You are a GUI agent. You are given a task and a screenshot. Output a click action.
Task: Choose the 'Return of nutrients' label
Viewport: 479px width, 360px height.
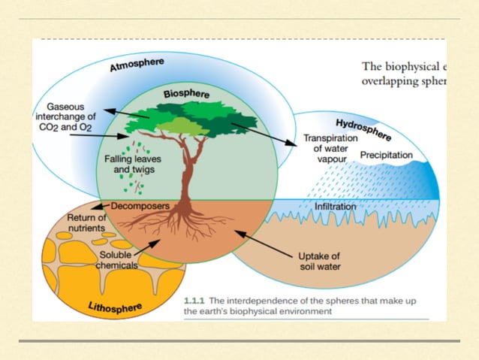pos(86,224)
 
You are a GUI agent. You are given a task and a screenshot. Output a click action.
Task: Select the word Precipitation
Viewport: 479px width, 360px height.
pos(387,155)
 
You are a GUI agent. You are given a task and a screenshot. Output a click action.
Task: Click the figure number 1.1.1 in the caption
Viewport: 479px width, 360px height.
pos(197,301)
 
